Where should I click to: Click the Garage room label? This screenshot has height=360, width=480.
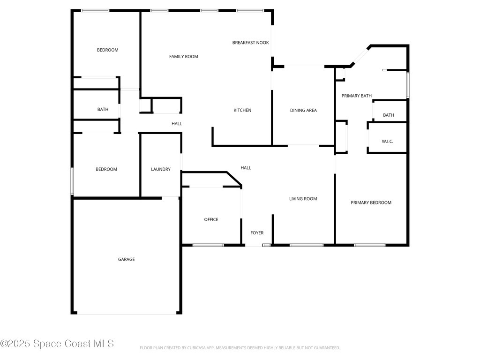pyautogui.click(x=126, y=259)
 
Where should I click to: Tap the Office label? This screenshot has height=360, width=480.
pyautogui.click(x=211, y=219)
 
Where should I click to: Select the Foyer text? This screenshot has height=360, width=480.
pyautogui.click(x=257, y=233)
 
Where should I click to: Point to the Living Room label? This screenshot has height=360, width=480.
pyautogui.click(x=303, y=199)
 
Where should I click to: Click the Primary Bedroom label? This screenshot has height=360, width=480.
pyautogui.click(x=371, y=202)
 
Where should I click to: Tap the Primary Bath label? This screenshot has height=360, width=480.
pyautogui.click(x=356, y=96)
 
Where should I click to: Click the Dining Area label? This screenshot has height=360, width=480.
pyautogui.click(x=303, y=111)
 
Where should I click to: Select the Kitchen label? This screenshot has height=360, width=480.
pyautogui.click(x=242, y=110)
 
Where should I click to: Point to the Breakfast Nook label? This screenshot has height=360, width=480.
pyautogui.click(x=250, y=43)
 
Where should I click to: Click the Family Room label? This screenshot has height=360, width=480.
pyautogui.click(x=183, y=57)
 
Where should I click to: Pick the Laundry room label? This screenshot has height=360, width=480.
pyautogui.click(x=160, y=169)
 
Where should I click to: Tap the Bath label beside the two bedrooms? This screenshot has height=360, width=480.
pyautogui.click(x=103, y=110)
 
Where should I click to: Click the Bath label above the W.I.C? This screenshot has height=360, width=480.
pyautogui.click(x=388, y=115)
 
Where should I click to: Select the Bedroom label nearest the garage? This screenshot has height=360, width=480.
pyautogui.click(x=106, y=169)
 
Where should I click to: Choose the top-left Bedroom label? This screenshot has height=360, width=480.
pyautogui.click(x=107, y=50)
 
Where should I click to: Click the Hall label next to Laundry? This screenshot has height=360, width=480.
pyautogui.click(x=177, y=124)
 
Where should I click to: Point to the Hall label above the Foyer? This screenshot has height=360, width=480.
pyautogui.click(x=246, y=168)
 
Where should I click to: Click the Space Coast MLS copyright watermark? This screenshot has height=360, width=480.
pyautogui.click(x=57, y=344)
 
